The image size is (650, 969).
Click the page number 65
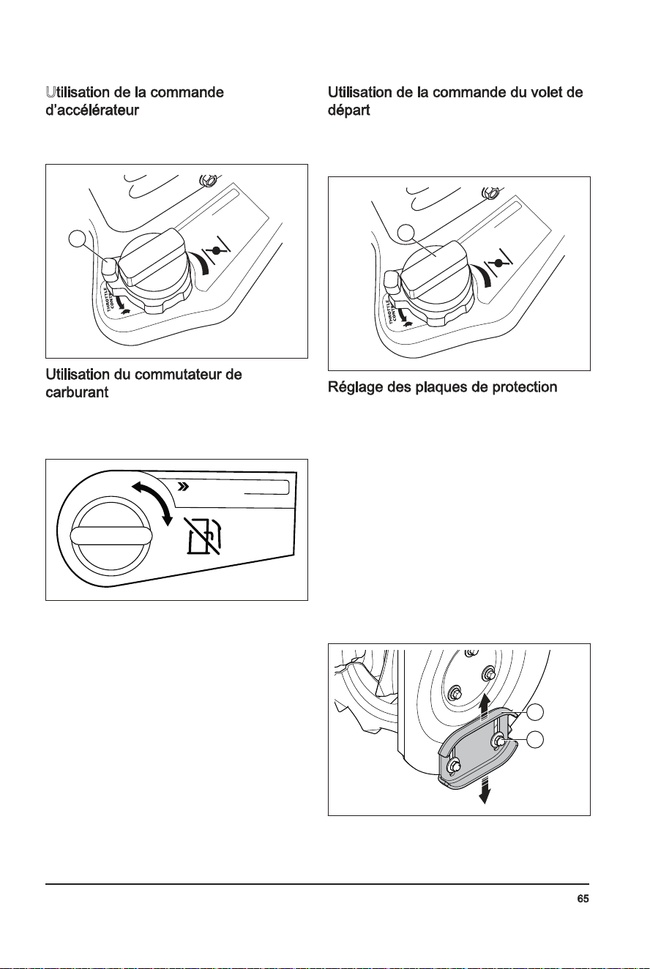pos(583,899)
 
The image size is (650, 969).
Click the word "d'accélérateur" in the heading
pos(92,111)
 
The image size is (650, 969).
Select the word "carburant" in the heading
pos(77,392)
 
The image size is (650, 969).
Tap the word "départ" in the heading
pos(349,111)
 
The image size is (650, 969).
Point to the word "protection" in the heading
pos(525,386)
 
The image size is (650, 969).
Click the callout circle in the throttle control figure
pos(77,239)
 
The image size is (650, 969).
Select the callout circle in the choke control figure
pos(406,232)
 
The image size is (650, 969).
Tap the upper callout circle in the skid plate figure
pos(535,711)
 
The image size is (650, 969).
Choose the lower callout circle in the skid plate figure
pos(535,739)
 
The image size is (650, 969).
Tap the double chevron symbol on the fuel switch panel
pos(184,487)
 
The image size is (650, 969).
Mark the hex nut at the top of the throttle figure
pos(206,179)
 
